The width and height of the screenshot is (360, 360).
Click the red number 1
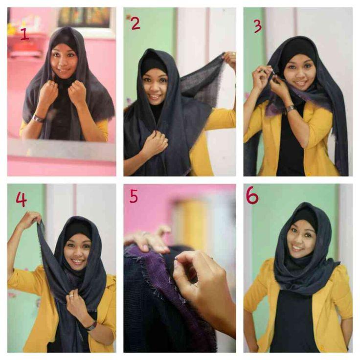coord(24,34)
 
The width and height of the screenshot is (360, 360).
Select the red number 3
coord(258,26)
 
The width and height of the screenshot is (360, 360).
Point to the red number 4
coord(21,199)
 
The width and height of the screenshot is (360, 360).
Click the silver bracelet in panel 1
coord(38,118)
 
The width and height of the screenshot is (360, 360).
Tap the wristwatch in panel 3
coord(290,109)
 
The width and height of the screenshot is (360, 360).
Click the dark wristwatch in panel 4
coord(92,326)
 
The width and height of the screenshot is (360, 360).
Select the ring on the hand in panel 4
coord(71,296)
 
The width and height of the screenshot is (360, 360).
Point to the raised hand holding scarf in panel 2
coord(229,59)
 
